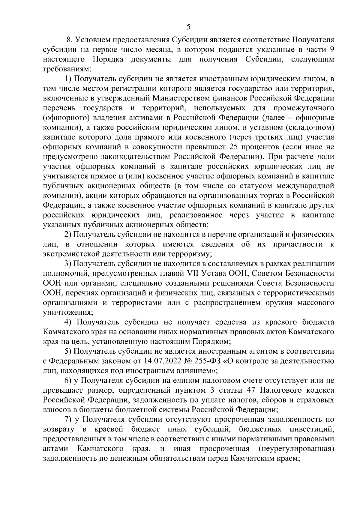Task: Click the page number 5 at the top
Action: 188,27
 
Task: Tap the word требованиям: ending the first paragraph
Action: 66,69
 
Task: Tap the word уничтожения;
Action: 68,313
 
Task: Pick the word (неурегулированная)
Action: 296,449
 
